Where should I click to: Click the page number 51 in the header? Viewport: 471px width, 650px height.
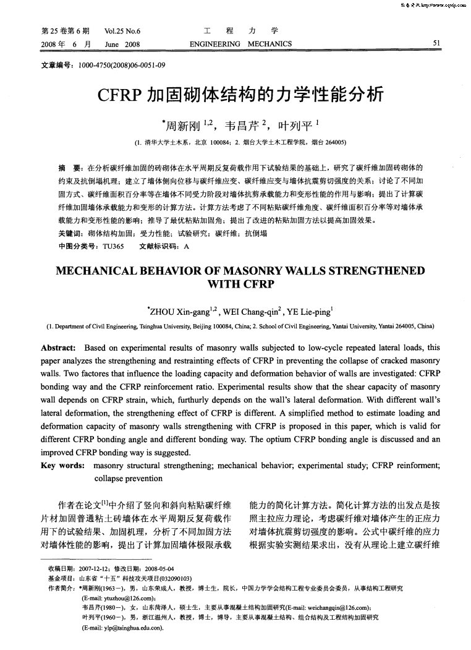tap(436, 43)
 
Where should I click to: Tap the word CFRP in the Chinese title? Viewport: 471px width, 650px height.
tap(119, 94)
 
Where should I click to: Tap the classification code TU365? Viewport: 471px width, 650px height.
tap(113, 246)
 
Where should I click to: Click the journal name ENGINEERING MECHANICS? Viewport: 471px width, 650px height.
tap(240, 43)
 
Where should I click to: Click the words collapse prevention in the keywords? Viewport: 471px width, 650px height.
tap(127, 478)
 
